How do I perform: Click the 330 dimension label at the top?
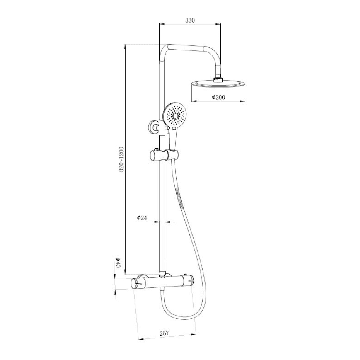[190, 21]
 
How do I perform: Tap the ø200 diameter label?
[218, 97]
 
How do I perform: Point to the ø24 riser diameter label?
[142, 217]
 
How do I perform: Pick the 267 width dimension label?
[164, 333]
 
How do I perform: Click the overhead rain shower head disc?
[218, 85]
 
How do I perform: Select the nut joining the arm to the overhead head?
[218, 79]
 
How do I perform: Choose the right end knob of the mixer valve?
[190, 283]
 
